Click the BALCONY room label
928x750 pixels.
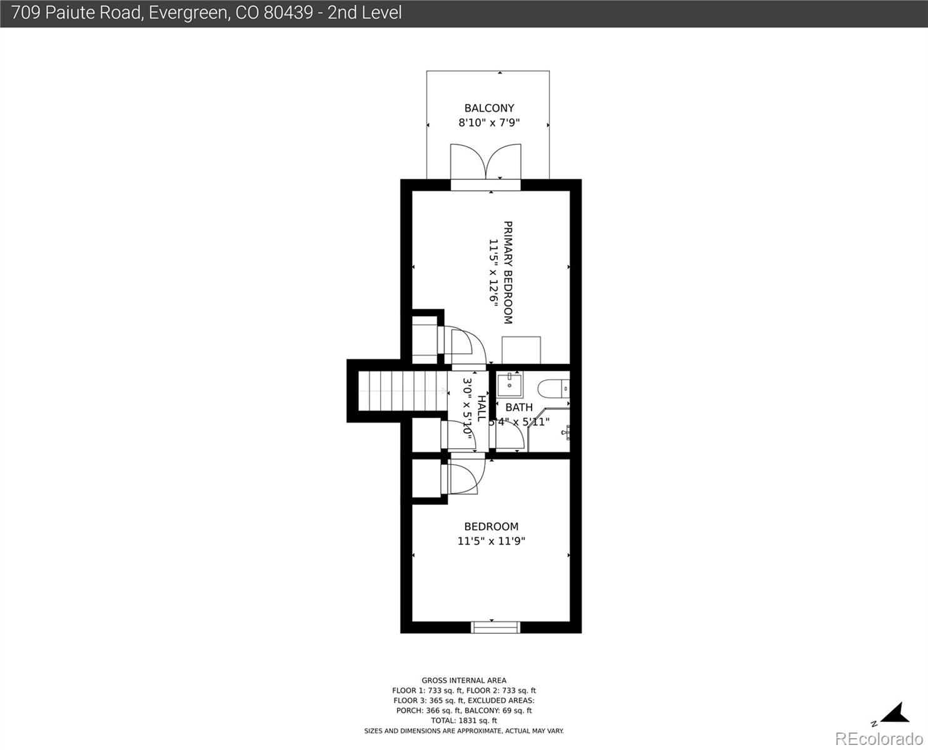pos(489,108)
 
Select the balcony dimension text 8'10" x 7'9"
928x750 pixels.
pos(489,123)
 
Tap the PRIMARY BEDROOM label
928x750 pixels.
pos(508,272)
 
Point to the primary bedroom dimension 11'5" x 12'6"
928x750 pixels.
pos(493,272)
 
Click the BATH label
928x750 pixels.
pos(518,407)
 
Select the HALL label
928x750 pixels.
pos(482,408)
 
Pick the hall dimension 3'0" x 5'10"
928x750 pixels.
pos(467,406)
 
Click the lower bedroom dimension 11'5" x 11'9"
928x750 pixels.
pos(491,541)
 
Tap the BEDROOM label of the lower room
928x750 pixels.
pos(491,526)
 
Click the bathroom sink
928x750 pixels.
pos(510,384)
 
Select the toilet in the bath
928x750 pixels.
pos(555,388)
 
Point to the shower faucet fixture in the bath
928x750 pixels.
pos(566,431)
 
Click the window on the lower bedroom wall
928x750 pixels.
pos(495,627)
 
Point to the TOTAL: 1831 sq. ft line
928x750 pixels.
pos(464,721)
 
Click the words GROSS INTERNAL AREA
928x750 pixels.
pos(464,681)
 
